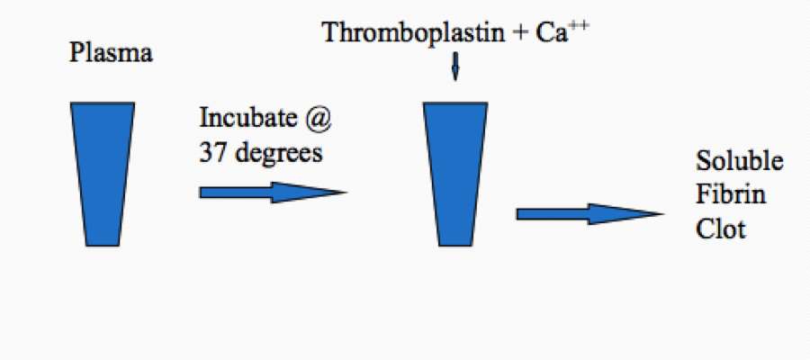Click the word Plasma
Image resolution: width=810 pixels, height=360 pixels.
click(x=112, y=54)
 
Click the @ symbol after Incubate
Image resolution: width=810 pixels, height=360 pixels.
click(x=327, y=120)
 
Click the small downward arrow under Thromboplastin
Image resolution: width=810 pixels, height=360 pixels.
click(x=454, y=68)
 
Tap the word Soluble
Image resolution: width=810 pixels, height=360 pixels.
click(x=740, y=163)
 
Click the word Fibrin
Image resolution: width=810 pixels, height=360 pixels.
click(x=731, y=195)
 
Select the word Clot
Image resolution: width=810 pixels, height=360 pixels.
click(x=721, y=229)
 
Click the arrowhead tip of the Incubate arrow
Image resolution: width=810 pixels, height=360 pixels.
click(x=343, y=192)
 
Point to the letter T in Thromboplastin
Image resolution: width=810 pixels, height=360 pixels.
click(x=330, y=33)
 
